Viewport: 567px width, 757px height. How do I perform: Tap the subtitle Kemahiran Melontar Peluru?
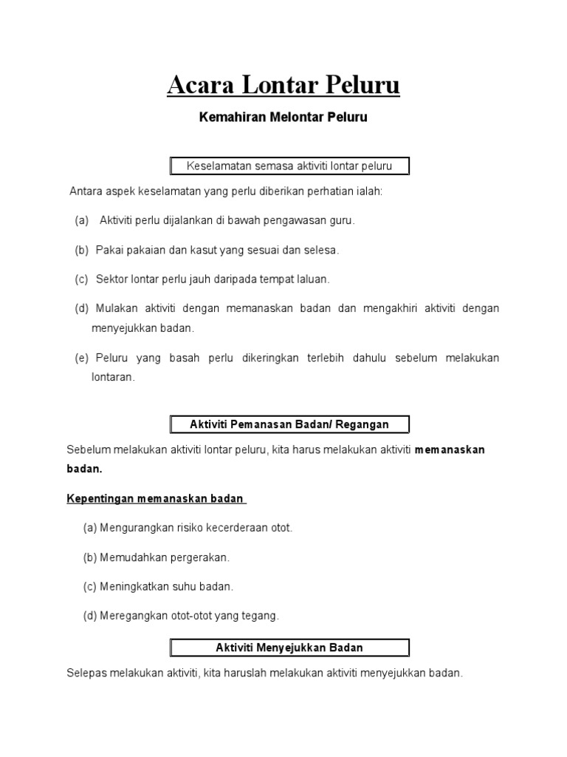[283, 118]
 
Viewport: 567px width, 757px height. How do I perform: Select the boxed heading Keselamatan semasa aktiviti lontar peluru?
[289, 166]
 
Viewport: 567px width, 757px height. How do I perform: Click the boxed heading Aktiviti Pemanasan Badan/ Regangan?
[289, 424]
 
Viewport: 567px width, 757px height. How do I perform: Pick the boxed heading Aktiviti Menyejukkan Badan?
[289, 648]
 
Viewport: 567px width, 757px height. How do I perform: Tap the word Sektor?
[112, 279]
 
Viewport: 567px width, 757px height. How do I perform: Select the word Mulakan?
[116, 308]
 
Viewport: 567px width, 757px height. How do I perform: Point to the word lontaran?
[112, 377]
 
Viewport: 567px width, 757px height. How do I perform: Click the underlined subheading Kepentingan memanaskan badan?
[155, 499]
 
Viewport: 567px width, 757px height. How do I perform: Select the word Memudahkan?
[128, 557]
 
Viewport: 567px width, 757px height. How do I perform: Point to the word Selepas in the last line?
[86, 673]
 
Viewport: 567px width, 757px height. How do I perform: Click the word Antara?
[86, 191]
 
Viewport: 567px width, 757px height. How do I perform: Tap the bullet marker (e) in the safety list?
[81, 358]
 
